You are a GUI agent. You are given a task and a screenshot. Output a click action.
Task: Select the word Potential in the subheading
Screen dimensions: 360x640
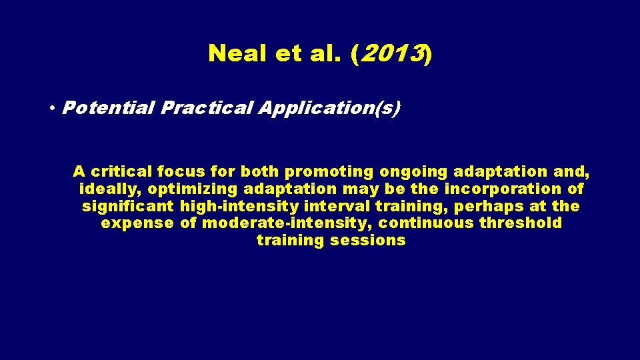(x=107, y=108)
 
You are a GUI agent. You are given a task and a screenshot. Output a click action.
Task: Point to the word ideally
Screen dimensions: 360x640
(x=110, y=189)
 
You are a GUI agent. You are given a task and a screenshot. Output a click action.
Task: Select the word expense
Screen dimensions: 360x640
(x=138, y=223)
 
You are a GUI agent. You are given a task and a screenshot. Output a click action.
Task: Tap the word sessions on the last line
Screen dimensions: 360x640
(x=367, y=240)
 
